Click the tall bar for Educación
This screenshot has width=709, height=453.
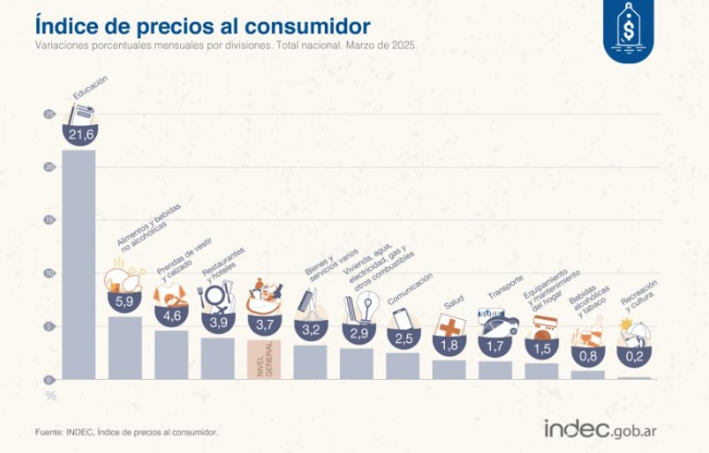(x=79, y=263)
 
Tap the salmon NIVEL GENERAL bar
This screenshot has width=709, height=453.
(x=264, y=359)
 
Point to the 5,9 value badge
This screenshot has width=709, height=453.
(x=125, y=303)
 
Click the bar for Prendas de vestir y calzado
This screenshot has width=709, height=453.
(x=171, y=354)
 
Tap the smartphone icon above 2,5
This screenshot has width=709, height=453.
(x=401, y=318)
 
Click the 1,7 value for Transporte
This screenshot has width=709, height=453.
(x=496, y=346)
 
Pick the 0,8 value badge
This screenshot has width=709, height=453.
(x=587, y=357)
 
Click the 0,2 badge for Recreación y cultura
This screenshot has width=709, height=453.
(x=634, y=355)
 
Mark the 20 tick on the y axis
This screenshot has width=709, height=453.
(x=50, y=167)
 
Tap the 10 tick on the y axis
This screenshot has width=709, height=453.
(x=50, y=273)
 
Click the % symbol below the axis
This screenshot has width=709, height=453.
(x=50, y=396)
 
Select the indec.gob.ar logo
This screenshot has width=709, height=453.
(x=600, y=429)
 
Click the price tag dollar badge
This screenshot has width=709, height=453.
(x=628, y=31)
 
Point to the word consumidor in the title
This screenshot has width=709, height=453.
(x=304, y=25)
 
